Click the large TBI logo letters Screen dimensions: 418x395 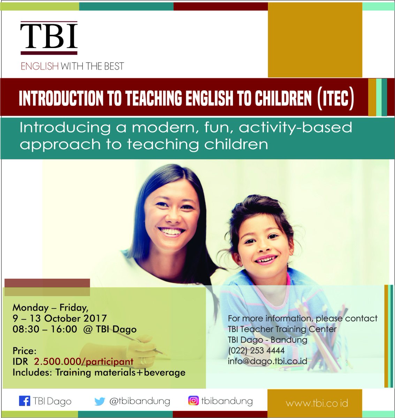49,36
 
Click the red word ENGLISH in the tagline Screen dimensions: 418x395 39,66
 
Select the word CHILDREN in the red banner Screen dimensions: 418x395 283,99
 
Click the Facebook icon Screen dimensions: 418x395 24,401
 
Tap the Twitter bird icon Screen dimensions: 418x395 100,402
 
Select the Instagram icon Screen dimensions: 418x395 193,401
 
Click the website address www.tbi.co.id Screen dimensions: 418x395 317,403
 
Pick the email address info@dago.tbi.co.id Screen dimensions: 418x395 267,361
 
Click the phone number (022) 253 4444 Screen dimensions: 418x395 256,350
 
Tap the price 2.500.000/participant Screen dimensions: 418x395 84,362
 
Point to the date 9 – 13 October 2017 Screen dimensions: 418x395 60,318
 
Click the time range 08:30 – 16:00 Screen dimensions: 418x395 45,329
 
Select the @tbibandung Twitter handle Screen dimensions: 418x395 139,401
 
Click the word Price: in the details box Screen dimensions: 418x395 24,351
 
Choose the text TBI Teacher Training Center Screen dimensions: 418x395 282,329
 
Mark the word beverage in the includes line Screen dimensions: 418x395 165,372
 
